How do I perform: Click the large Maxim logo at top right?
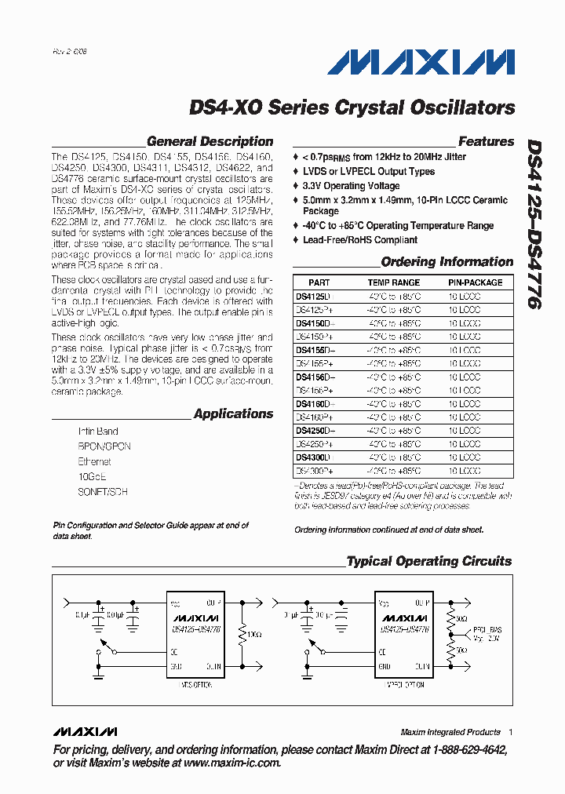421,62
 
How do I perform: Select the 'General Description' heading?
210,142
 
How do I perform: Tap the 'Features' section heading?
486,142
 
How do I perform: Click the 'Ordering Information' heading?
447,262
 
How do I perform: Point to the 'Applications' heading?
233,413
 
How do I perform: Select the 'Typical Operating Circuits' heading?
428,561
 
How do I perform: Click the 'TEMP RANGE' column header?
394,282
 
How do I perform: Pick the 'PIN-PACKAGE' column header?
476,282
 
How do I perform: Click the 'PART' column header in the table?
319,282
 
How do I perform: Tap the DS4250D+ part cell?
315,431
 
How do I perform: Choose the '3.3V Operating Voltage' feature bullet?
351,186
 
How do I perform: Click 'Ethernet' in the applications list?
94,461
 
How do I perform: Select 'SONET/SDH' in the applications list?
102,492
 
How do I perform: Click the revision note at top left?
70,50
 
